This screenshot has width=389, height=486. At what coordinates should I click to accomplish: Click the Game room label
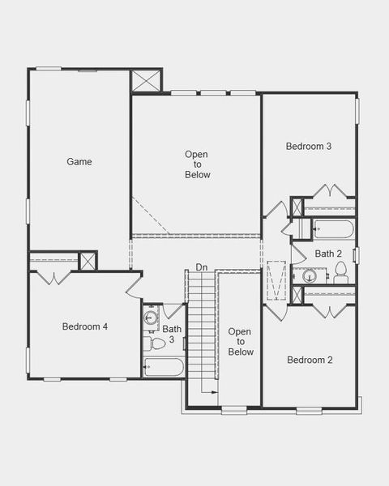coord(79,161)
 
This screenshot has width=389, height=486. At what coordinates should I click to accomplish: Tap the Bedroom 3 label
coord(309,147)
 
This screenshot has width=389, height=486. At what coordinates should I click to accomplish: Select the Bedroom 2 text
coord(309,360)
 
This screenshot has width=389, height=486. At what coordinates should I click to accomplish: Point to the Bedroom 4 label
coord(85,326)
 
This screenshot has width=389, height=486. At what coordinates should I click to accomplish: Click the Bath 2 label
coord(328,254)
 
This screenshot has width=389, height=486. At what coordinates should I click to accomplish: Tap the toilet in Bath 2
coord(340,275)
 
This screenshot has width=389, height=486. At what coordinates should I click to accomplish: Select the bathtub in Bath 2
coord(329,229)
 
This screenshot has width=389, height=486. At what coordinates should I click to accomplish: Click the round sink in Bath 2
coord(309,276)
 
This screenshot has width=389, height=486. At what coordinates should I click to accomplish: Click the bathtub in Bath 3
coord(164,368)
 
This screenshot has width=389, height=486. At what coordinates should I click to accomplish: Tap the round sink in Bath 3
coord(150,317)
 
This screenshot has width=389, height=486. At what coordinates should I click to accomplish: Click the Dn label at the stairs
coord(201,267)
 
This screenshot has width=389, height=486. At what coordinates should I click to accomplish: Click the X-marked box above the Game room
coord(145,81)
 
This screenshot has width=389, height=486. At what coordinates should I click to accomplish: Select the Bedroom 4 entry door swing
coord(135,286)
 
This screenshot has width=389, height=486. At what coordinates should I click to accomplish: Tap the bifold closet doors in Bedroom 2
coord(329,310)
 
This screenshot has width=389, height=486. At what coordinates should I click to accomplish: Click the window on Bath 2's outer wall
coord(356,254)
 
